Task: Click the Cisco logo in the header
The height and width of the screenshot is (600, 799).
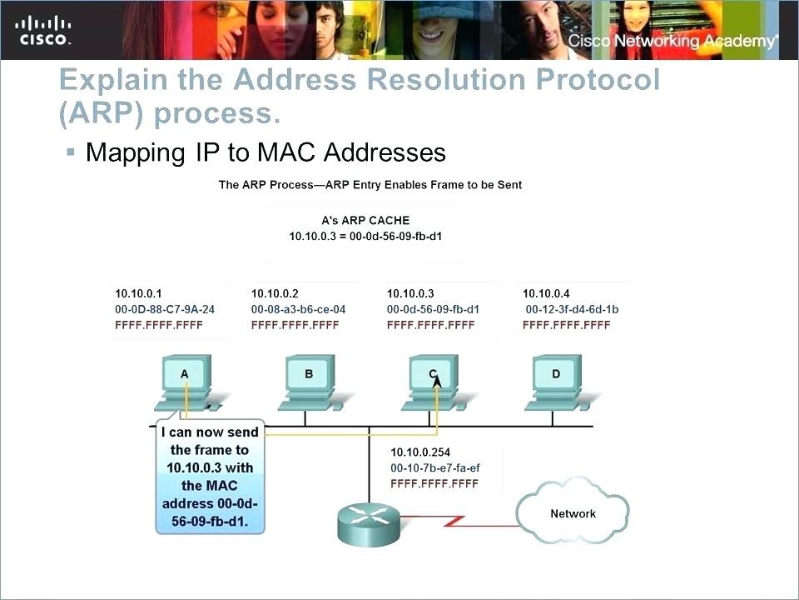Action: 43,31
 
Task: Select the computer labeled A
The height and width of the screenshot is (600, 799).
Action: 186,383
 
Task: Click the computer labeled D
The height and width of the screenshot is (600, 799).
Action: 557,383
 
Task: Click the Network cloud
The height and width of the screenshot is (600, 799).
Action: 573,513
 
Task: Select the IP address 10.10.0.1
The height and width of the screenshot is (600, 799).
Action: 138,293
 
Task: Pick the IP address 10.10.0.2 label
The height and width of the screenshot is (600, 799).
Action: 275,293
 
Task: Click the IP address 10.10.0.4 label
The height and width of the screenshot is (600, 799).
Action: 546,293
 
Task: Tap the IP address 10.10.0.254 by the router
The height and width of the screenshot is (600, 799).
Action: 420,452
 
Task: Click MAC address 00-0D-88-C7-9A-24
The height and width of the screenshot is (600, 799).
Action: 165,309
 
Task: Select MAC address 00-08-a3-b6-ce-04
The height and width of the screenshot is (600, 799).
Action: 298,309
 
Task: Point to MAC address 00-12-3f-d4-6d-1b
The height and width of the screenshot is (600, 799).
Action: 573,309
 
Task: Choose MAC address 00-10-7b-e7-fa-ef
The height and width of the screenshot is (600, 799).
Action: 435,467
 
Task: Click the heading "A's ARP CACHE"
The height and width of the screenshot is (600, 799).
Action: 365,220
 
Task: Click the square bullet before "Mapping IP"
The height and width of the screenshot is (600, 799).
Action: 71,152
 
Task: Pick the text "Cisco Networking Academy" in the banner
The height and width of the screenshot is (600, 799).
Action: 673,41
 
